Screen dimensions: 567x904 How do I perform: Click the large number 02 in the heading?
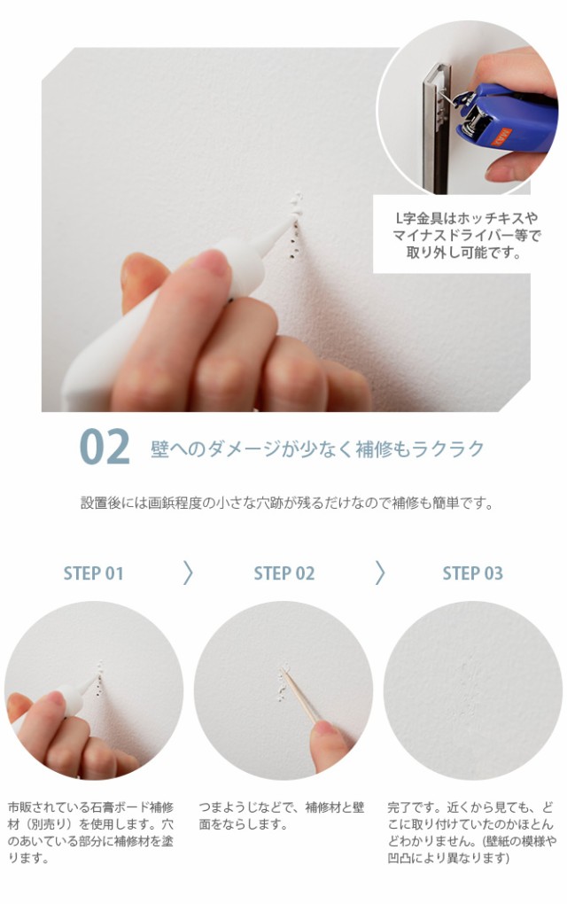[x=105, y=447]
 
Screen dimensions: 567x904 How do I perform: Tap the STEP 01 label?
[x=93, y=573]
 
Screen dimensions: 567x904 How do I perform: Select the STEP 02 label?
[x=284, y=573]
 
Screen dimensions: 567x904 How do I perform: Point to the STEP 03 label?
[x=472, y=573]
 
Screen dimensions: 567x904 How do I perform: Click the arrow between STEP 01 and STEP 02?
[x=188, y=573]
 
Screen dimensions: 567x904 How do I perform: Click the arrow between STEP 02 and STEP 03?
[x=380, y=573]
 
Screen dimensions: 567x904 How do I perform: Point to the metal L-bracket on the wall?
[x=436, y=128]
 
